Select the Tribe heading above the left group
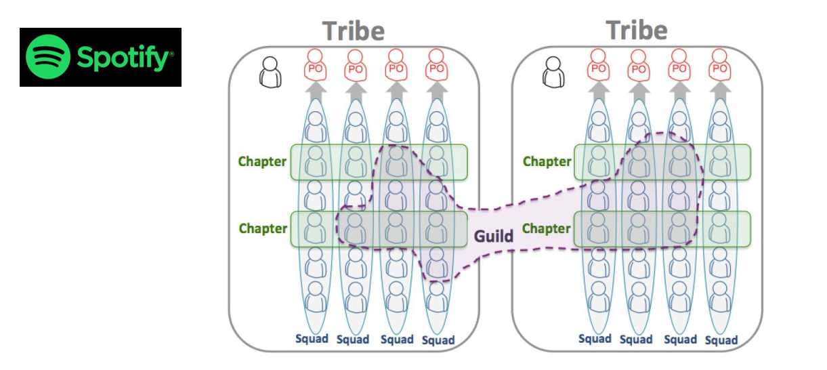coord(353,31)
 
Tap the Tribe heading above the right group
coord(637,30)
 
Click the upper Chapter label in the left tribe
coord(262,162)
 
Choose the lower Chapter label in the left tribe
coord(263,228)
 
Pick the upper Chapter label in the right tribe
coord(547,162)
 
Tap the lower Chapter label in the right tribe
coord(547,228)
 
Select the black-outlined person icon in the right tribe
coord(554,71)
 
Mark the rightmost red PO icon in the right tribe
coord(721,66)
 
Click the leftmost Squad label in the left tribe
coord(311,339)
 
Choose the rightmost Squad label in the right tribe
coord(721,340)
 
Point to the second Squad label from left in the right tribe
coord(636,340)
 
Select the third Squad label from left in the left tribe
coord(396,340)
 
